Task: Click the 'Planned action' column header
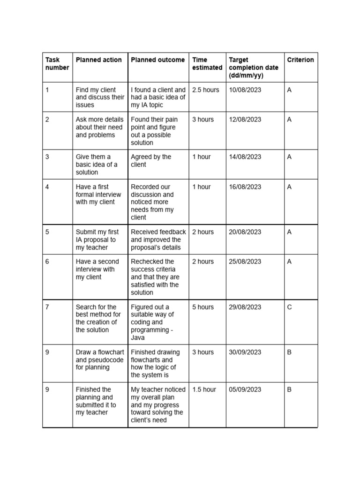[x=98, y=60]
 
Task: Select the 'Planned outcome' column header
[x=157, y=60]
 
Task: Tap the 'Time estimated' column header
[x=207, y=64]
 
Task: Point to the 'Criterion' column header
[x=300, y=60]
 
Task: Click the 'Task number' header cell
[x=57, y=64]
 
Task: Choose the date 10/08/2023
[x=245, y=90]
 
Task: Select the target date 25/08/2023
[x=245, y=262]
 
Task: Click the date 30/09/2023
[x=245, y=352]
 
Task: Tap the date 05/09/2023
[x=245, y=390]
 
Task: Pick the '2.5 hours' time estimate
[x=205, y=90]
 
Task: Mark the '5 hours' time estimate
[x=203, y=307]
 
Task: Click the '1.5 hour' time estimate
[x=204, y=390]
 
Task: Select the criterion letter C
[x=289, y=307]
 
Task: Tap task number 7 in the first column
[x=47, y=307]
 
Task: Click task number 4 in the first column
[x=47, y=187]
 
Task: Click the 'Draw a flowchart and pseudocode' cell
[x=99, y=360]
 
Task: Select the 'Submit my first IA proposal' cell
[x=97, y=240]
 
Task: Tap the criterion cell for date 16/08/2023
[x=289, y=187]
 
